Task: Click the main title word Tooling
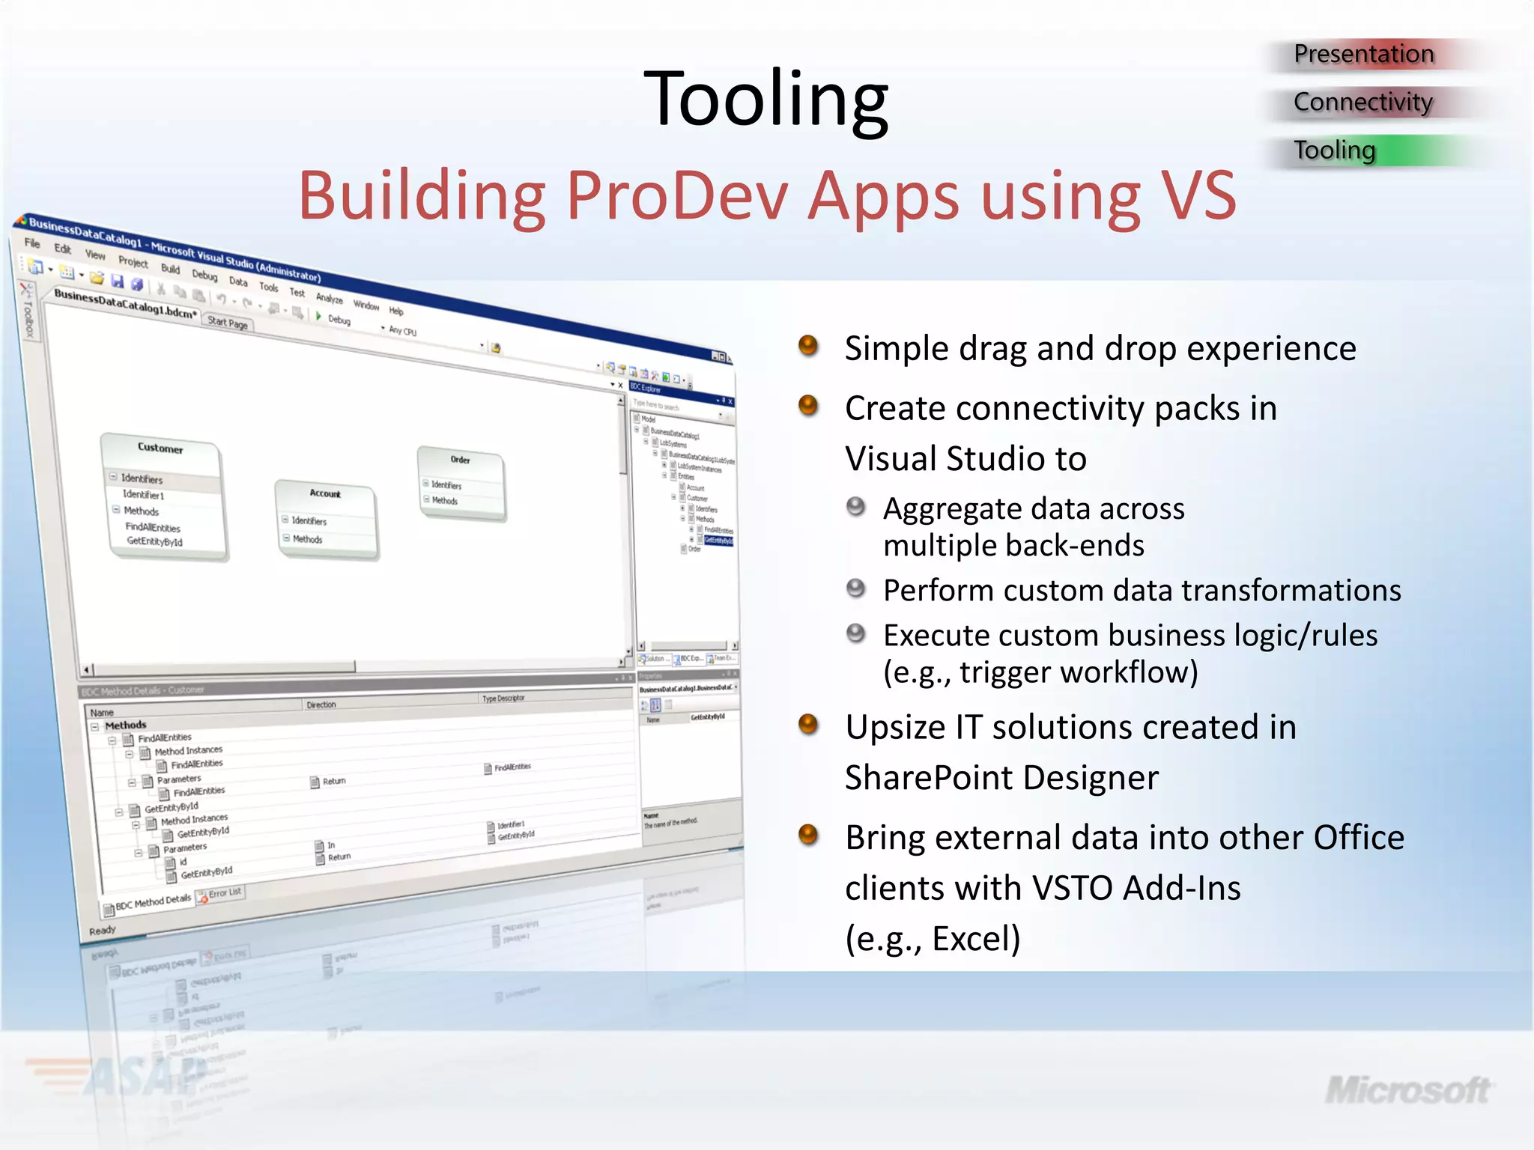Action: tap(766, 99)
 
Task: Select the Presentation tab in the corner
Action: tap(1363, 54)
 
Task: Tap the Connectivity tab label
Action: tap(1362, 102)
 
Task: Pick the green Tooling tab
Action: tap(1335, 150)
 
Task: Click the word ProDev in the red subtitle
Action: tap(677, 196)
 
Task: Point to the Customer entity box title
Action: tap(160, 448)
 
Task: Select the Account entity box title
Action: tap(325, 493)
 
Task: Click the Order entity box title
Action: tap(460, 460)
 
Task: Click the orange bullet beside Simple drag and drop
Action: tap(808, 346)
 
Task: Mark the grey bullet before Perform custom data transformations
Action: tap(855, 588)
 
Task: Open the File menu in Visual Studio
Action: tap(32, 243)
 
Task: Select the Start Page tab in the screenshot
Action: tap(228, 323)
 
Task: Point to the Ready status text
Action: tap(102, 931)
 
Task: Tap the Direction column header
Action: tap(321, 705)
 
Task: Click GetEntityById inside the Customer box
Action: tap(154, 541)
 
